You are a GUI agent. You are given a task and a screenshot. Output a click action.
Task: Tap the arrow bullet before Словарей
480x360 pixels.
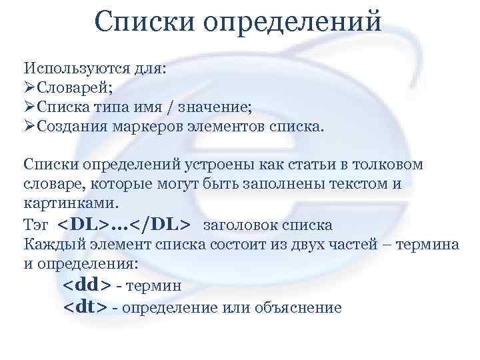coord(29,87)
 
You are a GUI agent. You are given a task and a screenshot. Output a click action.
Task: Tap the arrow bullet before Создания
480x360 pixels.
coord(29,125)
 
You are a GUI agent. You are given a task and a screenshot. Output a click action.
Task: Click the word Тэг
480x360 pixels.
coord(37,224)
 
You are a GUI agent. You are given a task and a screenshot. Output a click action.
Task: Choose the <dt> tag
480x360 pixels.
coord(85,307)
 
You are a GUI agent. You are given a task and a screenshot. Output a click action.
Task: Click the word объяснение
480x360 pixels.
coord(303,307)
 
